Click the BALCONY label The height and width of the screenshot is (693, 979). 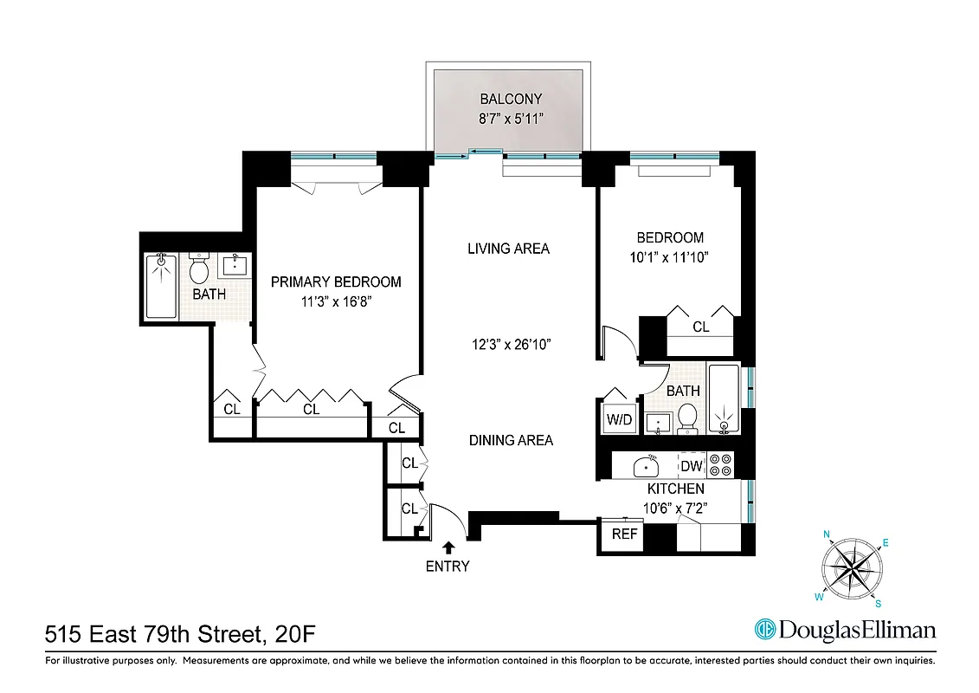click(x=511, y=100)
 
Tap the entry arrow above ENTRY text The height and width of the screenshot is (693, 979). click(x=448, y=547)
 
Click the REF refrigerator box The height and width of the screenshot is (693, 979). click(x=624, y=534)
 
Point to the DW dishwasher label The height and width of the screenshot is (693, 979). click(x=691, y=466)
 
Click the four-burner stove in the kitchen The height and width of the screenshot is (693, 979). click(x=720, y=466)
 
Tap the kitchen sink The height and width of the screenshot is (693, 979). click(x=646, y=466)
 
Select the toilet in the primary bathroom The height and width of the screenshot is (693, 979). click(x=199, y=269)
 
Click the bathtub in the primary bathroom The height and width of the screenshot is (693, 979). click(x=161, y=286)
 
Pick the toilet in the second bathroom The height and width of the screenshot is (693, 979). click(x=688, y=418)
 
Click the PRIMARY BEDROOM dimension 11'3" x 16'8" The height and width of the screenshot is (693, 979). click(x=336, y=302)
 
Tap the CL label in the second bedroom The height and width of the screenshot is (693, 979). click(x=701, y=327)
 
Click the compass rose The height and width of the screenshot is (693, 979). click(x=853, y=567)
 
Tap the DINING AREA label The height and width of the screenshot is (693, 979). click(x=511, y=440)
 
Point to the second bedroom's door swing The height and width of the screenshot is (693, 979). click(x=619, y=342)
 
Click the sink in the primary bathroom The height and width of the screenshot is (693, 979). click(x=235, y=265)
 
